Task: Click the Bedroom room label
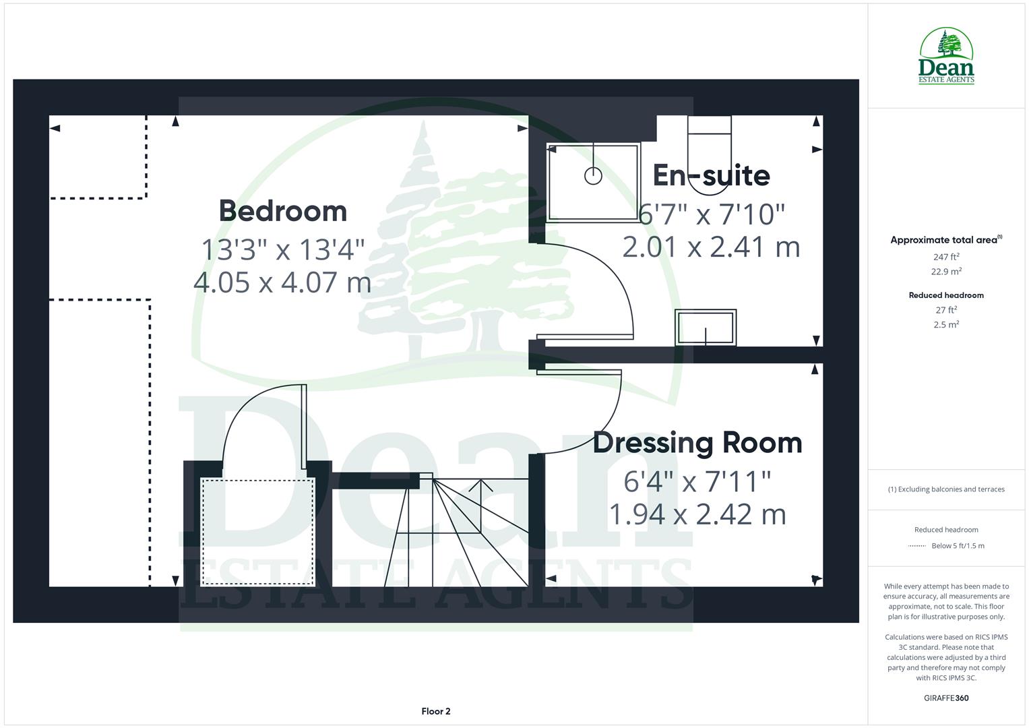click(282, 211)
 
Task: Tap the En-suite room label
click(711, 175)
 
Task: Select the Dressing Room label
click(697, 443)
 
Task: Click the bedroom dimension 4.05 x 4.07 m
click(282, 282)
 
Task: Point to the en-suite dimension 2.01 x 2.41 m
click(711, 247)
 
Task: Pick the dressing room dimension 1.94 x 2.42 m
click(697, 514)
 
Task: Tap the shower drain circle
click(593, 176)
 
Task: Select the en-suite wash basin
click(706, 328)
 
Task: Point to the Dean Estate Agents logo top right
click(946, 57)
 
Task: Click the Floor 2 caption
click(436, 711)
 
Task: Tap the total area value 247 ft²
click(946, 257)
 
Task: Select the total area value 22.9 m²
click(946, 272)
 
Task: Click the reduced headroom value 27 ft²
click(946, 310)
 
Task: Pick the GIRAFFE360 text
click(946, 698)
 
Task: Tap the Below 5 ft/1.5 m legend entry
click(957, 546)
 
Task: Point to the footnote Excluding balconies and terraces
click(946, 489)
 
